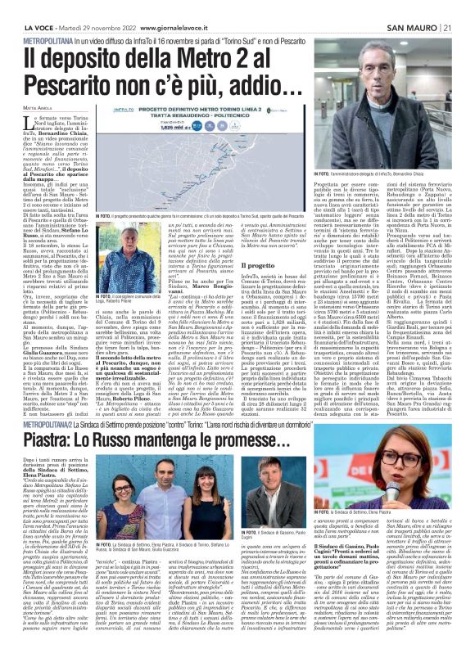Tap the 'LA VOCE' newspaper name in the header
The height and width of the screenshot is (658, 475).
[20, 7]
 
